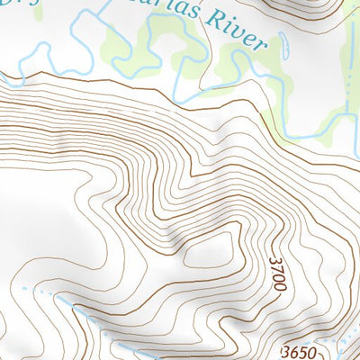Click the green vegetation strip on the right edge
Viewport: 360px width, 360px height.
tap(346, 90)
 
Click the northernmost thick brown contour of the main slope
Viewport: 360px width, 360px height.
tap(135, 82)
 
